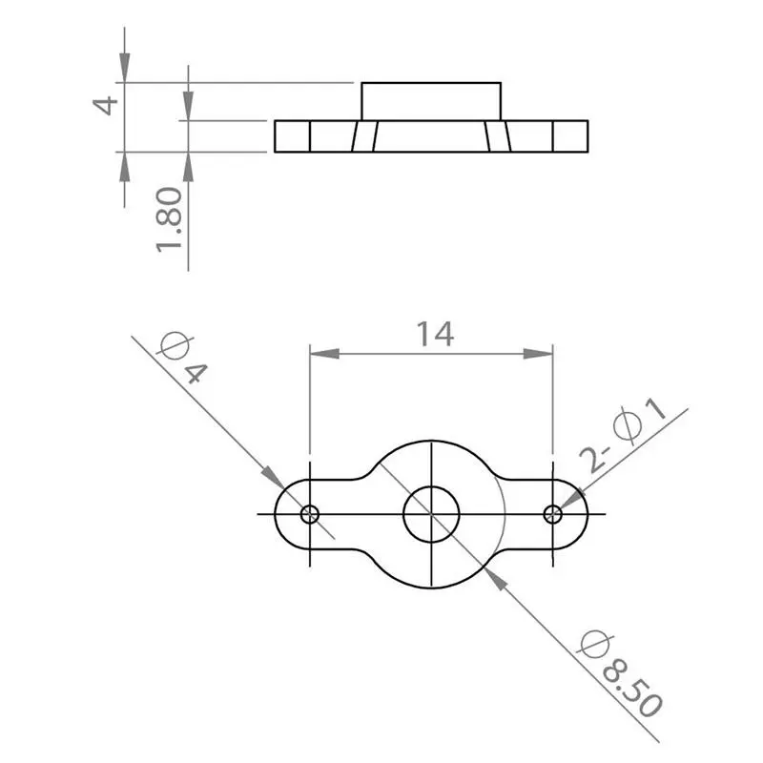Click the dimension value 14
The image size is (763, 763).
click(434, 333)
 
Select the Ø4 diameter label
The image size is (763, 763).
click(182, 358)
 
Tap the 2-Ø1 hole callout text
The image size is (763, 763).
click(634, 439)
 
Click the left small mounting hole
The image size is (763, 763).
click(310, 514)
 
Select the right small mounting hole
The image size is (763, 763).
click(553, 514)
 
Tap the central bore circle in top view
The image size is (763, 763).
click(432, 514)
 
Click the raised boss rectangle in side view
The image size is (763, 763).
click(431, 101)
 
